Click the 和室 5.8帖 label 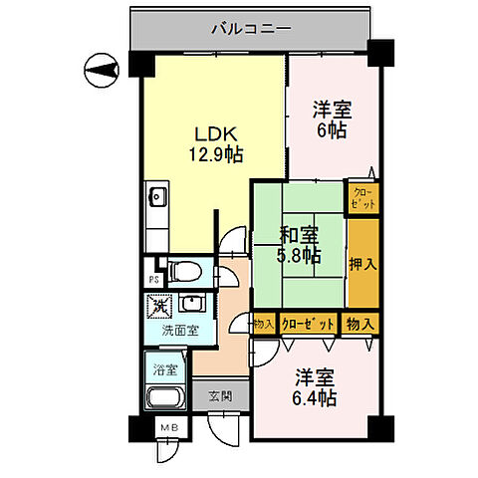pyautogui.click(x=299, y=245)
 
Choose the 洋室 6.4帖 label pyautogui.click(x=316, y=387)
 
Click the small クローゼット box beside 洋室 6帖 pyautogui.click(x=362, y=196)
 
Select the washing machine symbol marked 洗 pyautogui.click(x=156, y=308)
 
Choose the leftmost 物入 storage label pyautogui.click(x=263, y=325)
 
